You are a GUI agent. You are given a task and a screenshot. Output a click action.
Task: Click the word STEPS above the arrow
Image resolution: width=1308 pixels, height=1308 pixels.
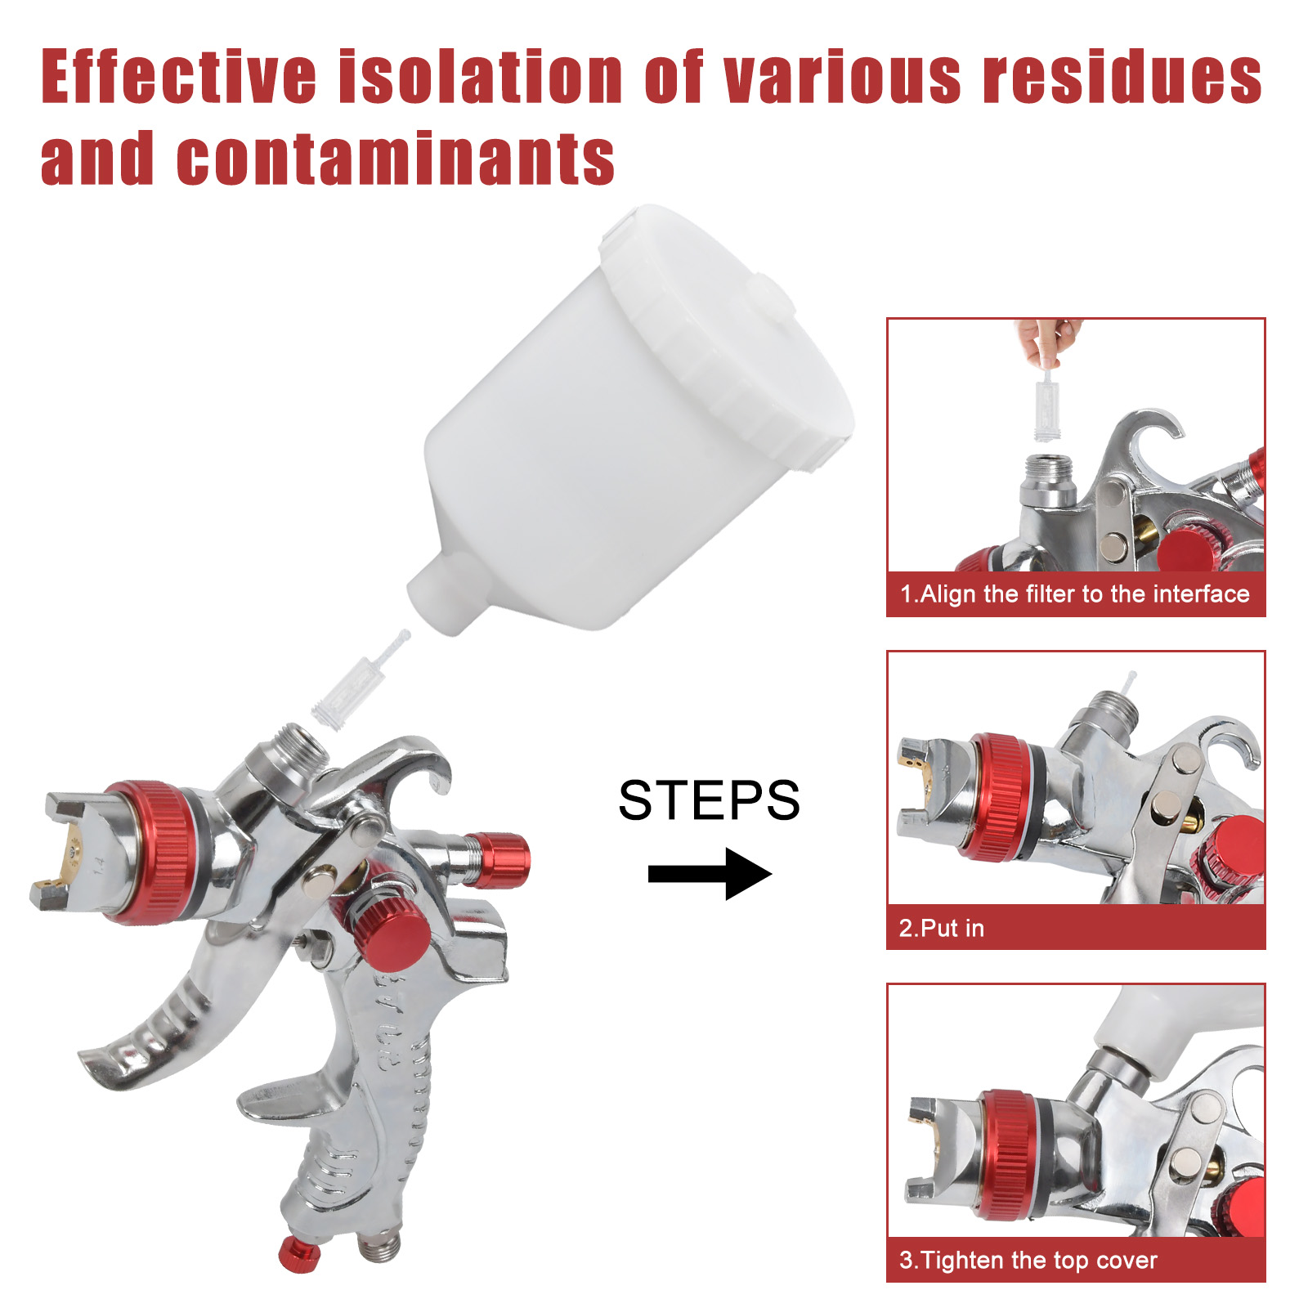tap(709, 800)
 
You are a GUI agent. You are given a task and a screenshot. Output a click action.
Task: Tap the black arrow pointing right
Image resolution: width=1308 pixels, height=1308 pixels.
tap(710, 874)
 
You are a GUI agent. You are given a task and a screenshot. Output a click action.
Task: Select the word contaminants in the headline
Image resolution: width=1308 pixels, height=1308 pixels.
tap(396, 158)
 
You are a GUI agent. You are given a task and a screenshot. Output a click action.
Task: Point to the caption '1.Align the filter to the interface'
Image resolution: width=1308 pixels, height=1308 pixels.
tap(1075, 594)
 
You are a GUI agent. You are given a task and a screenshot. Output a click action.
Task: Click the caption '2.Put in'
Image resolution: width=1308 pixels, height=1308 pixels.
tap(942, 928)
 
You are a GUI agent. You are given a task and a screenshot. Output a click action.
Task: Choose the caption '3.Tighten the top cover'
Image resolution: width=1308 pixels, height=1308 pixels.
tap(1028, 1260)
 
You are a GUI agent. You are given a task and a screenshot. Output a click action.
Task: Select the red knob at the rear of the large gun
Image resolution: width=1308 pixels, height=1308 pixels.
tap(497, 860)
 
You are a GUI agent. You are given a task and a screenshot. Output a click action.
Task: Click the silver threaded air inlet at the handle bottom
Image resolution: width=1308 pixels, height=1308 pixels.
tap(379, 1243)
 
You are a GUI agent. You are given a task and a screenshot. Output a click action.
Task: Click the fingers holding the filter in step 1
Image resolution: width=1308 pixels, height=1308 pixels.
tap(1048, 341)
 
